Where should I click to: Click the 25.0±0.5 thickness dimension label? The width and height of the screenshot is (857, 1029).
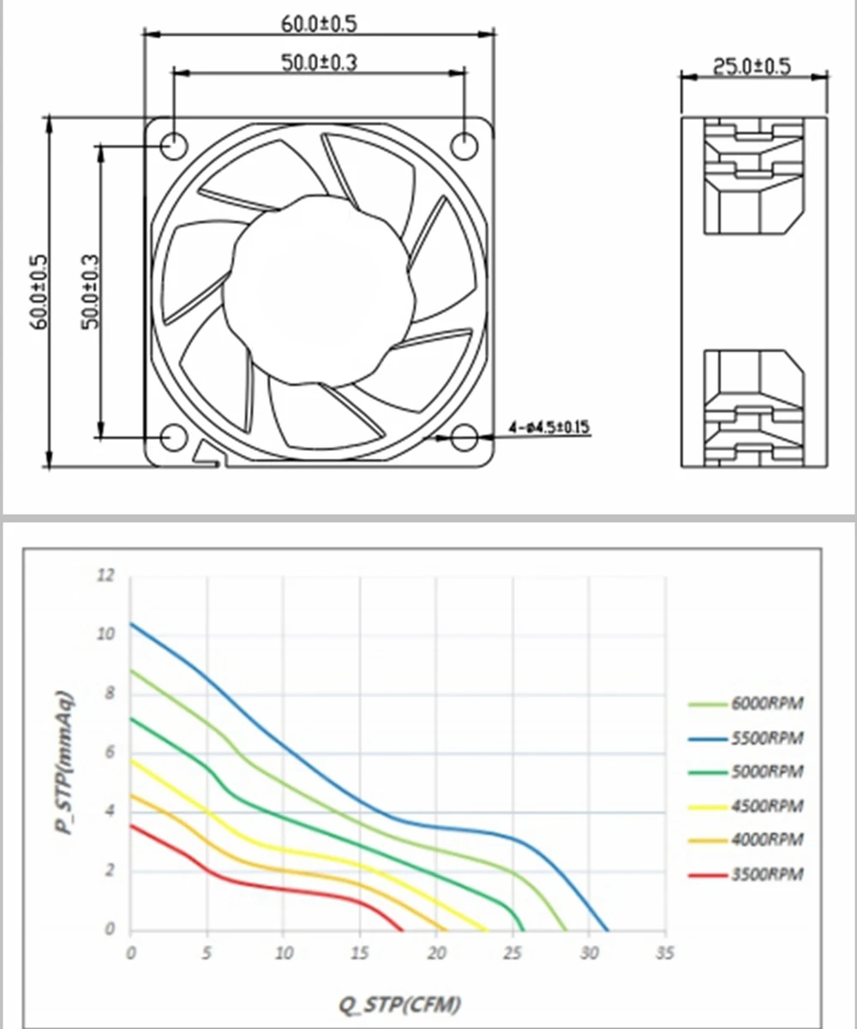coord(752,66)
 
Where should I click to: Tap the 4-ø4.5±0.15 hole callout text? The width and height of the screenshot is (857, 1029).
coord(549,427)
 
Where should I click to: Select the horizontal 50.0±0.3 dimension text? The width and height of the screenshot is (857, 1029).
coord(319,63)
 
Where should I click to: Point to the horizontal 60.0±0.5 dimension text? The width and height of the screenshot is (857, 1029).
coord(319,24)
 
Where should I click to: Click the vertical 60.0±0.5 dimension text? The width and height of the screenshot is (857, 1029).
coord(40,292)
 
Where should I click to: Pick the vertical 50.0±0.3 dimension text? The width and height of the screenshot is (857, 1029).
coord(90,292)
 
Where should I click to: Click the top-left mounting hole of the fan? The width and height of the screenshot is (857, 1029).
coord(174,146)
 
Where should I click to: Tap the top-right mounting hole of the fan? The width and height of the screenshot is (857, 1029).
coord(464,146)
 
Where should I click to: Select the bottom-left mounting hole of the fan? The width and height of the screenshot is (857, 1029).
coord(174,437)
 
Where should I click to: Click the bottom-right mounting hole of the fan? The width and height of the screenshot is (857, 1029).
coord(464,437)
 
